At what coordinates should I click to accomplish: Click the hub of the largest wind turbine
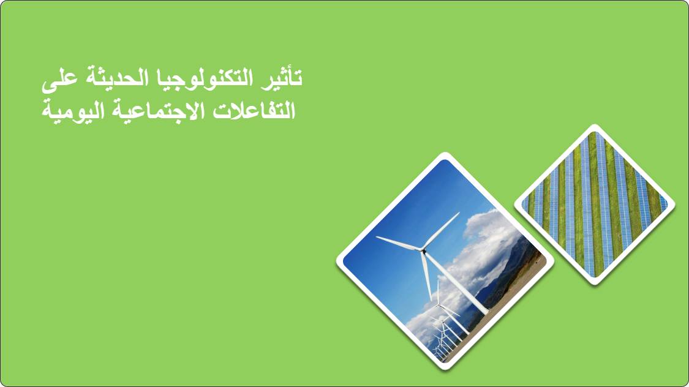424,250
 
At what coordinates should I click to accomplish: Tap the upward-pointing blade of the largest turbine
442,231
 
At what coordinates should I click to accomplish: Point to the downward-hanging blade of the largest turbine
426,276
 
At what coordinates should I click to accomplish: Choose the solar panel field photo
595,205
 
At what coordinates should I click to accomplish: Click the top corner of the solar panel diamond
595,125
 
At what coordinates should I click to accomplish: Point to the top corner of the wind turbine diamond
445,153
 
